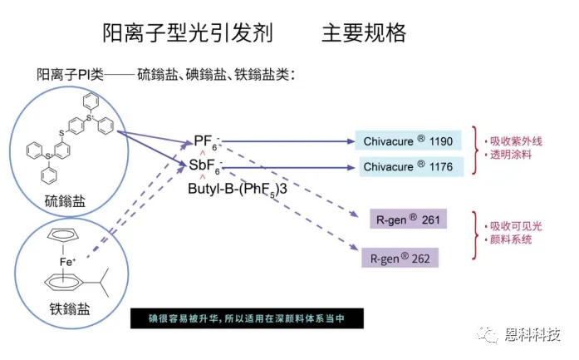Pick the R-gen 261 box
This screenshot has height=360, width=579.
click(x=407, y=219)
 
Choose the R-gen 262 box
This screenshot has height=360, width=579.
click(x=400, y=258)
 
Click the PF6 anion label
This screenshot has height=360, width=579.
click(x=205, y=141)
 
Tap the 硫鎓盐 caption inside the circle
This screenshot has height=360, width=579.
click(x=65, y=200)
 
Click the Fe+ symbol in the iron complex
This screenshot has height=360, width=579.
click(x=68, y=262)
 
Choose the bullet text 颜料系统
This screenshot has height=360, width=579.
click(x=508, y=240)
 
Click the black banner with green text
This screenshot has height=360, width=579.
click(x=237, y=318)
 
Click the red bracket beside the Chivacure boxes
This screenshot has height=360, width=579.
click(x=475, y=150)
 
